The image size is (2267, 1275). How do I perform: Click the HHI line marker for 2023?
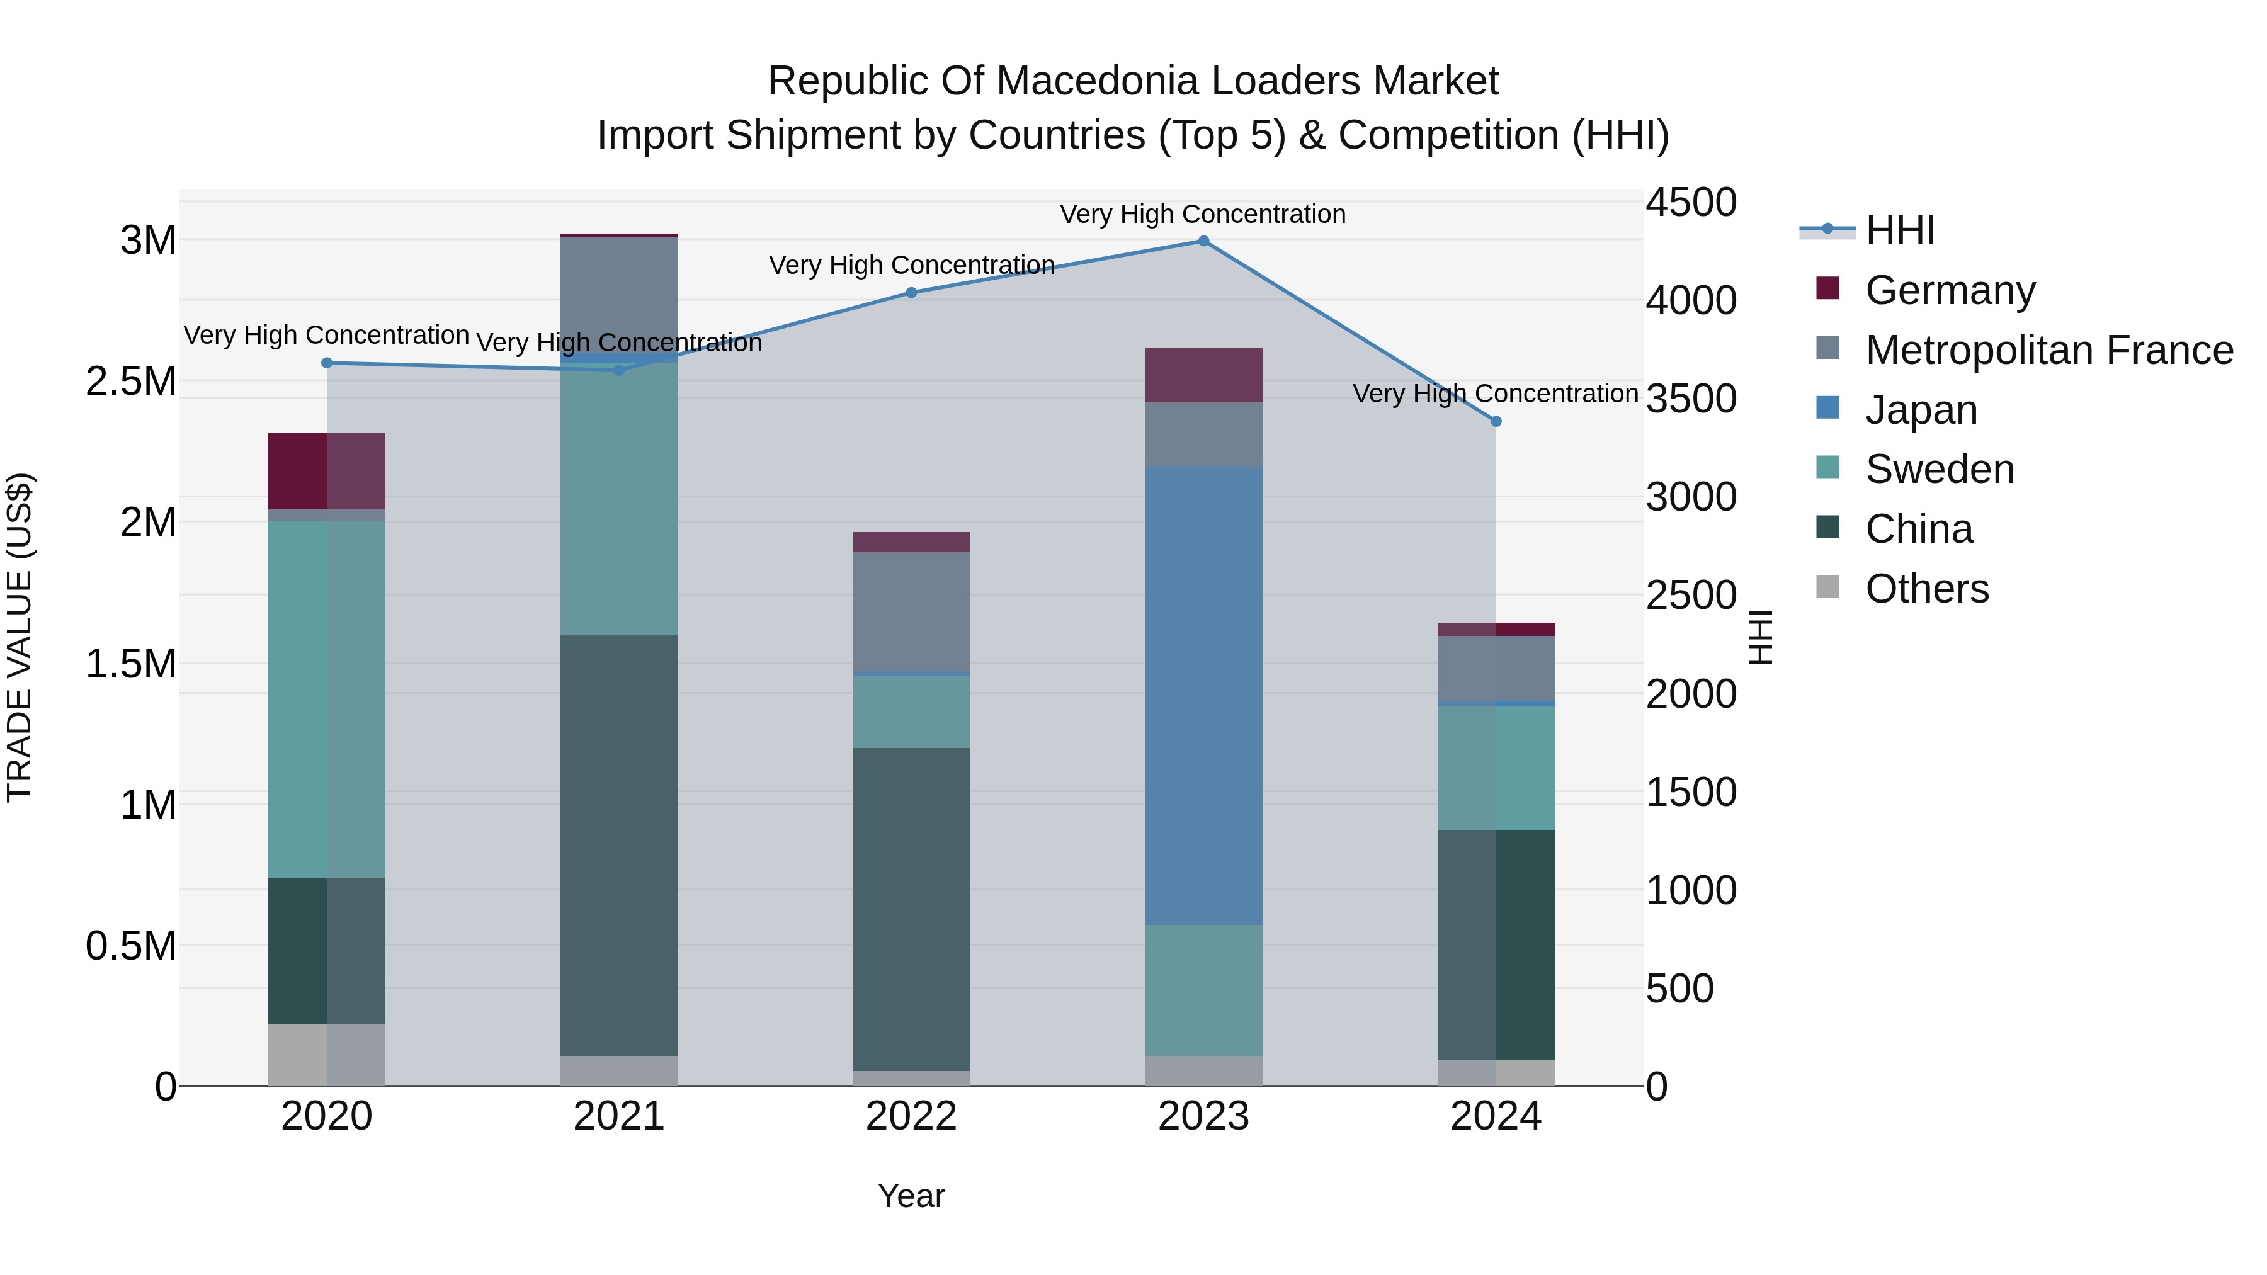1203,241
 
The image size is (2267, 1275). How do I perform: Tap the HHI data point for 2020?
326,363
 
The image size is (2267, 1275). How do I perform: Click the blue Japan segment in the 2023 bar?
1203,695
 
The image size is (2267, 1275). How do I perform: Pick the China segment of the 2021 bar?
618,845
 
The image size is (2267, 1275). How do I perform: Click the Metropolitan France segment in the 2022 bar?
911,611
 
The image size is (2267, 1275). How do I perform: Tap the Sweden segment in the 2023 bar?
1203,990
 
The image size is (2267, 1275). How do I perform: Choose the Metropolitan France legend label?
2048,350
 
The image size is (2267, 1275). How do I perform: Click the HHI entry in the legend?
1899,230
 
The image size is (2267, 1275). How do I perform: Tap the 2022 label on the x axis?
911,1116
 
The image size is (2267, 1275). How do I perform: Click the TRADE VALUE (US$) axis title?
20,637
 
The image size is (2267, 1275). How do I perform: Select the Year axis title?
911,1196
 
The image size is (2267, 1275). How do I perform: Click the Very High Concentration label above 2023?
1202,214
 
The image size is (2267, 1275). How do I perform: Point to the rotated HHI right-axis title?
1759,637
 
